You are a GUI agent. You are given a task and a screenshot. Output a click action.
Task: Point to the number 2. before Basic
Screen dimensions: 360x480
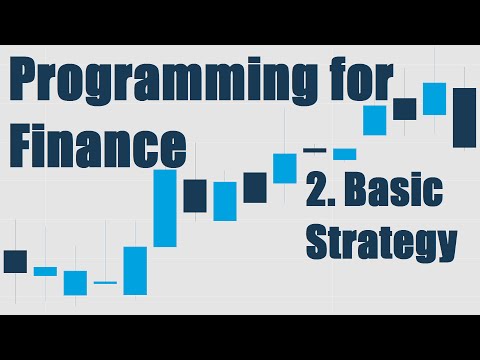click(326, 192)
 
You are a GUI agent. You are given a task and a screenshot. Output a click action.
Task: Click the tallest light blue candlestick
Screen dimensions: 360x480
click(165, 208)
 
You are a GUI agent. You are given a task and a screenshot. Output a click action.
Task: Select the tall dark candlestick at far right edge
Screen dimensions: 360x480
click(464, 117)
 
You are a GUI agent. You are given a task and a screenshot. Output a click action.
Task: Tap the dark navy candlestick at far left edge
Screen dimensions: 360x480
click(15, 261)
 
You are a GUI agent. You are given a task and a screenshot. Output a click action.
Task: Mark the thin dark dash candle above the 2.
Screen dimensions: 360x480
click(315, 150)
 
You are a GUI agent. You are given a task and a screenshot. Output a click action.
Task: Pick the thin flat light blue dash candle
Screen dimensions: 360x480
click(105, 283)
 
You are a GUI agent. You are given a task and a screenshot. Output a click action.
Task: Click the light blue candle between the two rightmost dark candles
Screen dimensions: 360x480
click(434, 98)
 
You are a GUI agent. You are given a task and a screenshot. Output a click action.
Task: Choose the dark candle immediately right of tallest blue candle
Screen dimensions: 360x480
click(195, 194)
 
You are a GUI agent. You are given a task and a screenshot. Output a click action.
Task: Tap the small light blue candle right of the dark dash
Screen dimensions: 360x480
click(344, 154)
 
